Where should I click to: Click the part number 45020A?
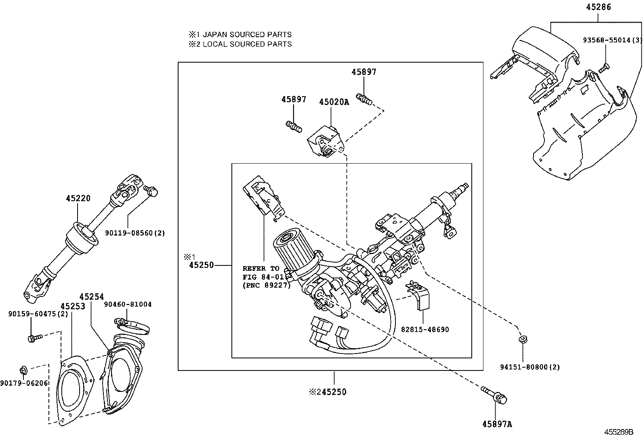tap(334, 102)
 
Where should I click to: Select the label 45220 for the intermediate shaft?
tap(78, 198)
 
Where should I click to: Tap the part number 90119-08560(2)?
tap(135, 233)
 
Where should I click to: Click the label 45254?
tap(91, 297)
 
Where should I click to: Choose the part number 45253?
tap(73, 306)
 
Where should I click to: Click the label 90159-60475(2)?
tap(38, 314)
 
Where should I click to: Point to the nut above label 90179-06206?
tap(23, 369)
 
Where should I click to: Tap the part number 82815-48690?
tap(424, 329)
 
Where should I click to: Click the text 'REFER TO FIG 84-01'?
tap(261, 273)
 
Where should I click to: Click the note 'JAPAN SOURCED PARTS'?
tap(246, 35)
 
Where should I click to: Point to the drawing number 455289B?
tap(618, 432)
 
